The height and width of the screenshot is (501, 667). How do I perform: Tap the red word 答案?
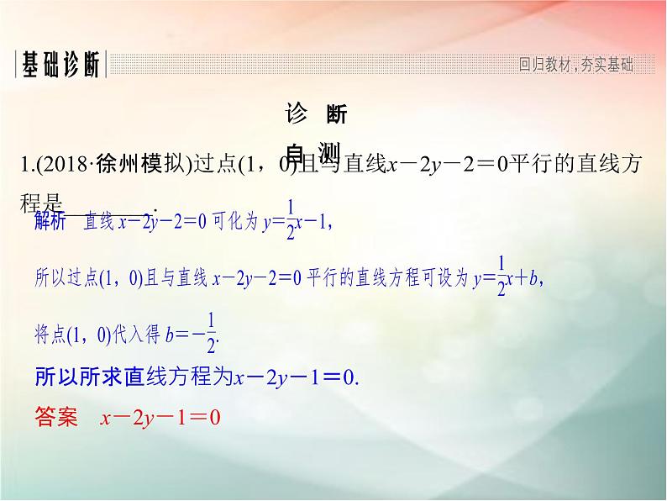click(56, 415)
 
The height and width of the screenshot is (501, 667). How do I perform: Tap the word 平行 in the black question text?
click(532, 164)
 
